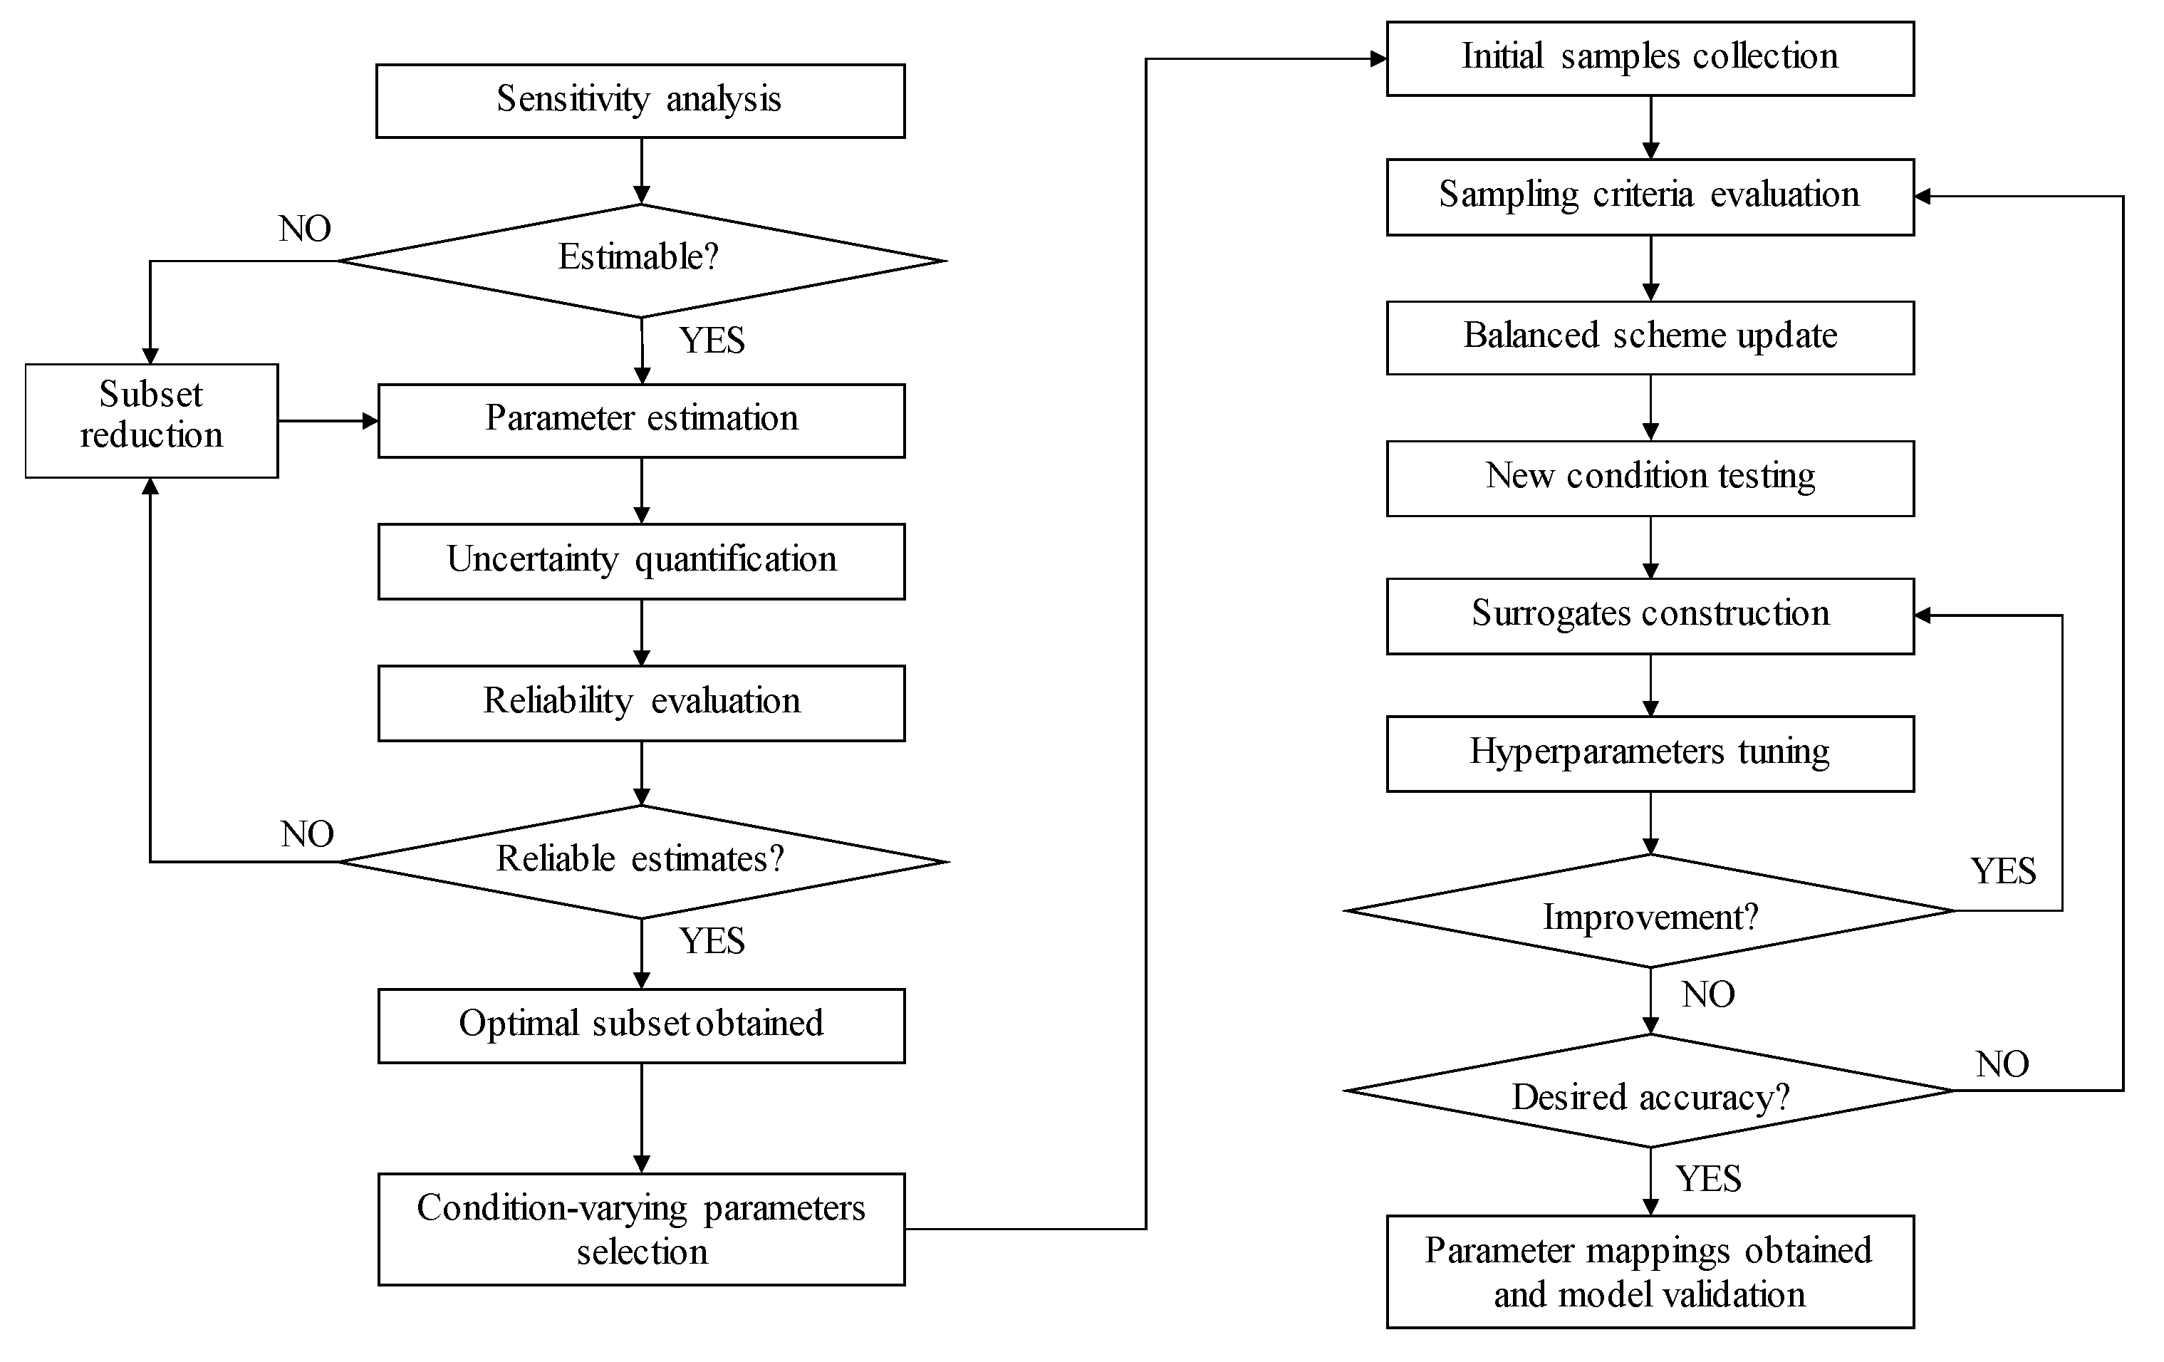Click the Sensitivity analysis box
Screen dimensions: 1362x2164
[x=640, y=100]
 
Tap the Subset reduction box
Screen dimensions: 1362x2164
[x=151, y=420]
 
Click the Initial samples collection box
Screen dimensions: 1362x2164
[x=1650, y=58]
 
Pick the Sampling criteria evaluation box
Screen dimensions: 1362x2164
[x=1650, y=196]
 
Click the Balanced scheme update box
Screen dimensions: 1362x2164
[x=1650, y=337]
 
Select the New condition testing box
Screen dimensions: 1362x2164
[x=1650, y=477]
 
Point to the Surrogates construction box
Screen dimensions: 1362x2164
[x=1650, y=615]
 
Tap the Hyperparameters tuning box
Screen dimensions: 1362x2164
[x=1650, y=753]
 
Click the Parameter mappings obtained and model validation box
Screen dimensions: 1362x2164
[x=1650, y=1272]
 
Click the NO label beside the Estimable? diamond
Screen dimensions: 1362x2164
[x=305, y=229]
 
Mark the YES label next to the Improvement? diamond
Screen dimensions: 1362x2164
[x=2003, y=871]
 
